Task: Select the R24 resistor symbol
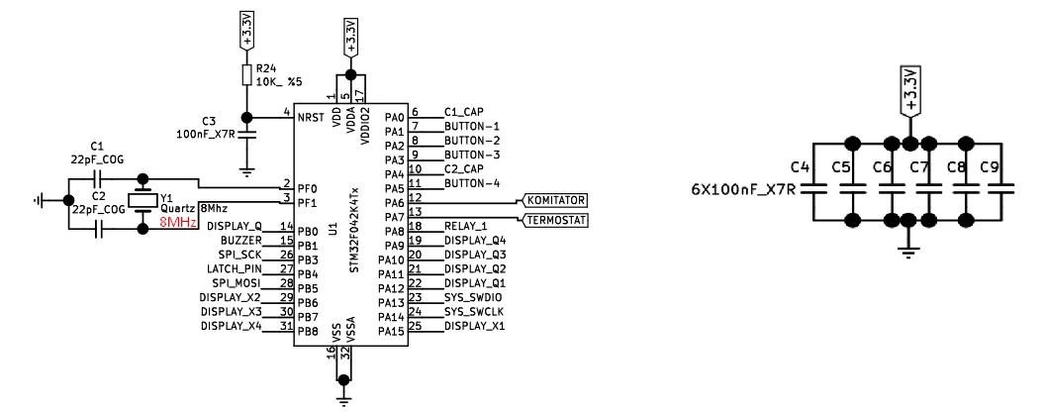246,74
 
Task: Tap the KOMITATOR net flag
553,201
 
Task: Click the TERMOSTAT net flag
553,221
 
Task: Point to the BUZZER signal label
241,240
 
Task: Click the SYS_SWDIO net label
473,297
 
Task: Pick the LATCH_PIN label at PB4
235,268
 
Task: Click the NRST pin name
312,118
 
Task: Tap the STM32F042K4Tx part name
354,230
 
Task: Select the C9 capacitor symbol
999,188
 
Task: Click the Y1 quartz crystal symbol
143,201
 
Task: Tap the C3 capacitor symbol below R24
246,136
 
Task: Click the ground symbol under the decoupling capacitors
906,250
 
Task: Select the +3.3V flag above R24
246,31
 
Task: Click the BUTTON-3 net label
472,156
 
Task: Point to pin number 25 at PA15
415,325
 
